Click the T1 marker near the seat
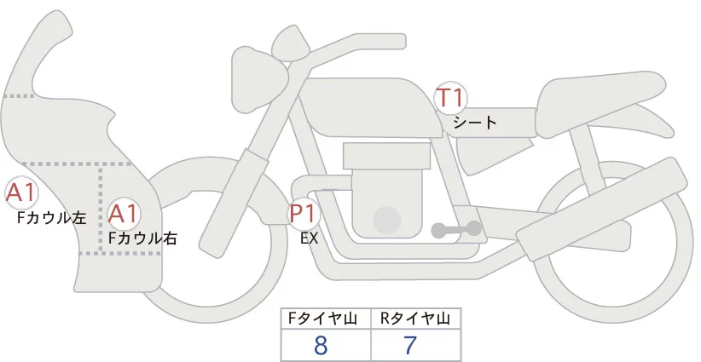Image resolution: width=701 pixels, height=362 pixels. coord(450,97)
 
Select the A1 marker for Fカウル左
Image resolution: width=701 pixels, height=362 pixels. coord(20,193)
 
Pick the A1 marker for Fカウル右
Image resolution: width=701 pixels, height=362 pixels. coord(124,214)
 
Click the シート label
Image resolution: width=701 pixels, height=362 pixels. coord(475,122)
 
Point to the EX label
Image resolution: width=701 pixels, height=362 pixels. coord(309,238)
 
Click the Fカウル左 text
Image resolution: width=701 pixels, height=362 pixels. coord(52,218)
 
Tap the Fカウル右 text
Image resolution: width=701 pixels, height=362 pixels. coord(142,238)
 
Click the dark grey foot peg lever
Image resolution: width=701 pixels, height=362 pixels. coord(455,229)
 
